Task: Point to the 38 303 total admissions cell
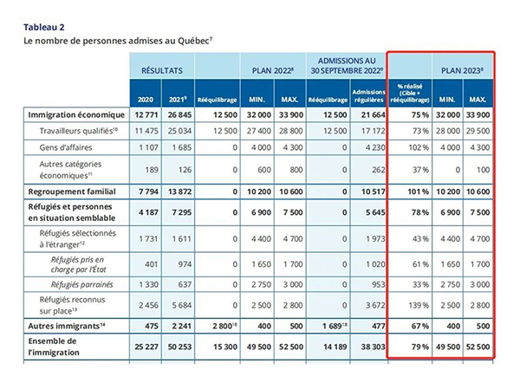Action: click(x=368, y=347)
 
